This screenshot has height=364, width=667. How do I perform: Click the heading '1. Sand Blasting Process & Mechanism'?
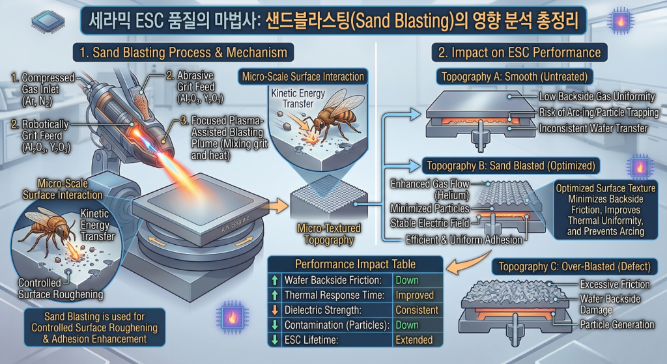pyautogui.click(x=183, y=52)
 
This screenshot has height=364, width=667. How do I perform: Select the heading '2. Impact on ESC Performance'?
pyautogui.click(x=519, y=52)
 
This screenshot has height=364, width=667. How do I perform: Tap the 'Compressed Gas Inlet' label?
pyautogui.click(x=42, y=89)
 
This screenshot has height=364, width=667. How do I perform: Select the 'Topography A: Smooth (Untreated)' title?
pyautogui.click(x=515, y=77)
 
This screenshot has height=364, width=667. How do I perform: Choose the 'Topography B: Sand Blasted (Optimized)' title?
pyautogui.click(x=511, y=165)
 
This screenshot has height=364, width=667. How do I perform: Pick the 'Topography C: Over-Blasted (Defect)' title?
pyautogui.click(x=575, y=266)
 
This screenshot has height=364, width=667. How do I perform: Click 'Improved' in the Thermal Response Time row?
pyautogui.click(x=414, y=295)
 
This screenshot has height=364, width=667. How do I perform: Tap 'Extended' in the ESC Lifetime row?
pyautogui.click(x=414, y=340)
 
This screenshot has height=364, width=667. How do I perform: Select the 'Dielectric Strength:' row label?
pyautogui.click(x=323, y=310)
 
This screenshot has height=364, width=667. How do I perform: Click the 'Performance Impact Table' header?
pyautogui.click(x=355, y=264)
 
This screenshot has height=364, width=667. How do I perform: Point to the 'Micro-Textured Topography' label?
pyautogui.click(x=329, y=234)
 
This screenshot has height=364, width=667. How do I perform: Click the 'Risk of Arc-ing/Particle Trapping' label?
pyautogui.click(x=599, y=112)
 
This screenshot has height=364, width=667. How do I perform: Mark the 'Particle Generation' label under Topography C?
pyautogui.click(x=617, y=324)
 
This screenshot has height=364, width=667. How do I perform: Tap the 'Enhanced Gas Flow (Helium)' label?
pyautogui.click(x=430, y=189)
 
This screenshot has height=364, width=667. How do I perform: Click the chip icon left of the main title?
pyautogui.click(x=48, y=20)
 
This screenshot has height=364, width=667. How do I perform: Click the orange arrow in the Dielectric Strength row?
pyautogui.click(x=275, y=310)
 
